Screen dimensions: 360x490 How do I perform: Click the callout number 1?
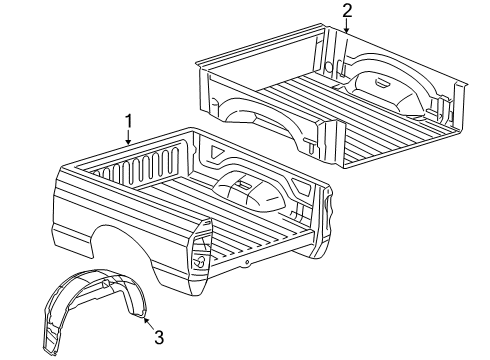click(x=128, y=122)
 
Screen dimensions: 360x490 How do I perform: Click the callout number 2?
click(x=347, y=11)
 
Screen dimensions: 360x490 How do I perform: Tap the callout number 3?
click(x=158, y=337)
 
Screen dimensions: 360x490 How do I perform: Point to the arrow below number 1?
click(x=129, y=139)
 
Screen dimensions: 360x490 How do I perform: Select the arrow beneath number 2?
click(x=346, y=27)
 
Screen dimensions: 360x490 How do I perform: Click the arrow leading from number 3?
click(x=147, y=320)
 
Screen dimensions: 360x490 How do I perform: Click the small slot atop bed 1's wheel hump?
click(x=239, y=181)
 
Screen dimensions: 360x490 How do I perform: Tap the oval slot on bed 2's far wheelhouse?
click(x=384, y=82)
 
